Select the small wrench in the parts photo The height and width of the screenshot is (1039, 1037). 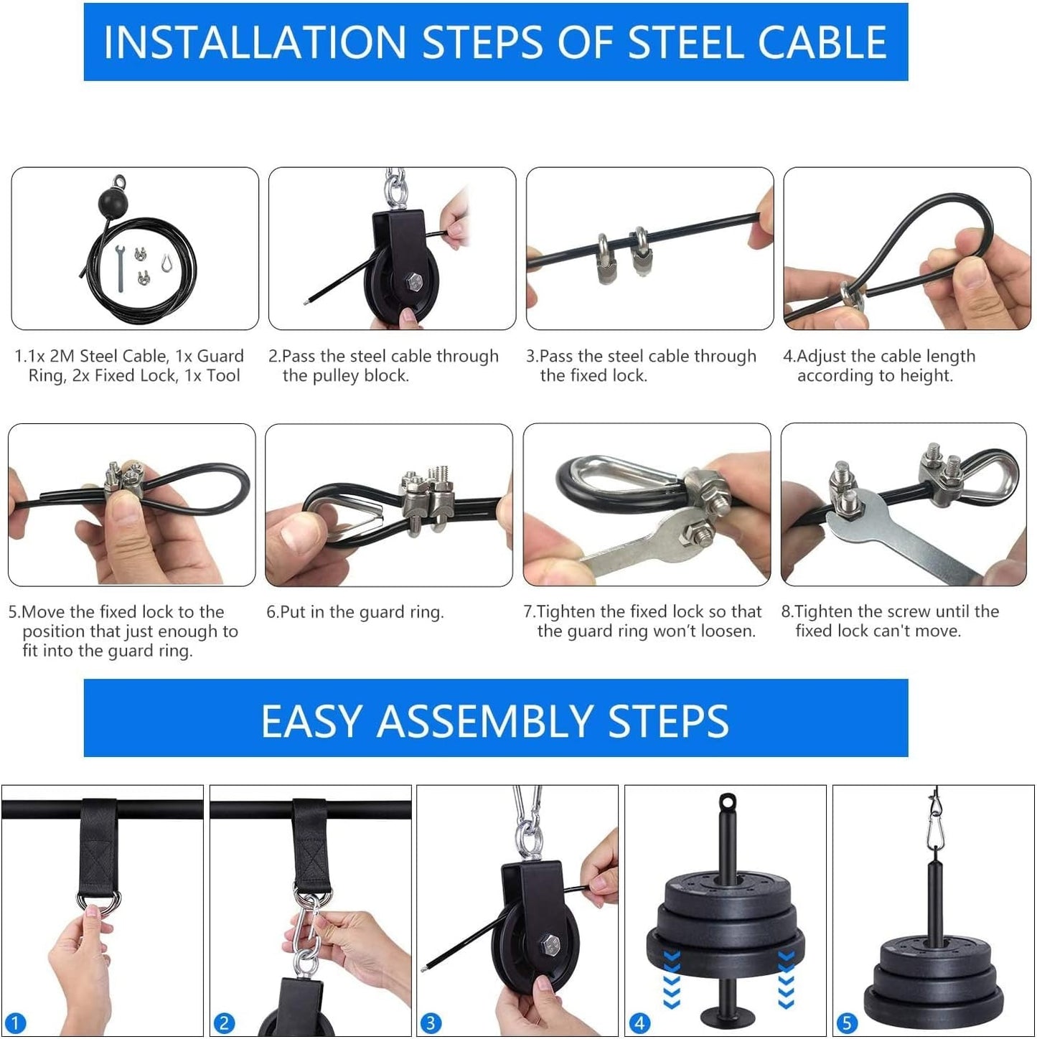(121, 267)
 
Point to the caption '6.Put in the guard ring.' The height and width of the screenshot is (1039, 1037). (355, 612)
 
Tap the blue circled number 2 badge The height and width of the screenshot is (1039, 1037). (224, 1023)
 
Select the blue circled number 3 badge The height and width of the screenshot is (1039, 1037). (431, 1023)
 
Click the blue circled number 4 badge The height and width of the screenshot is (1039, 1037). (639, 1023)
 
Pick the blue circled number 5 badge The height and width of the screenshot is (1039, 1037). (847, 1023)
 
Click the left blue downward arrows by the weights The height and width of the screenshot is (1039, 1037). (671, 979)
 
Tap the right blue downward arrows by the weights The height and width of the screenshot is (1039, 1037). (786, 979)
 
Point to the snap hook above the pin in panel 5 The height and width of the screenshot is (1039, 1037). (934, 825)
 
